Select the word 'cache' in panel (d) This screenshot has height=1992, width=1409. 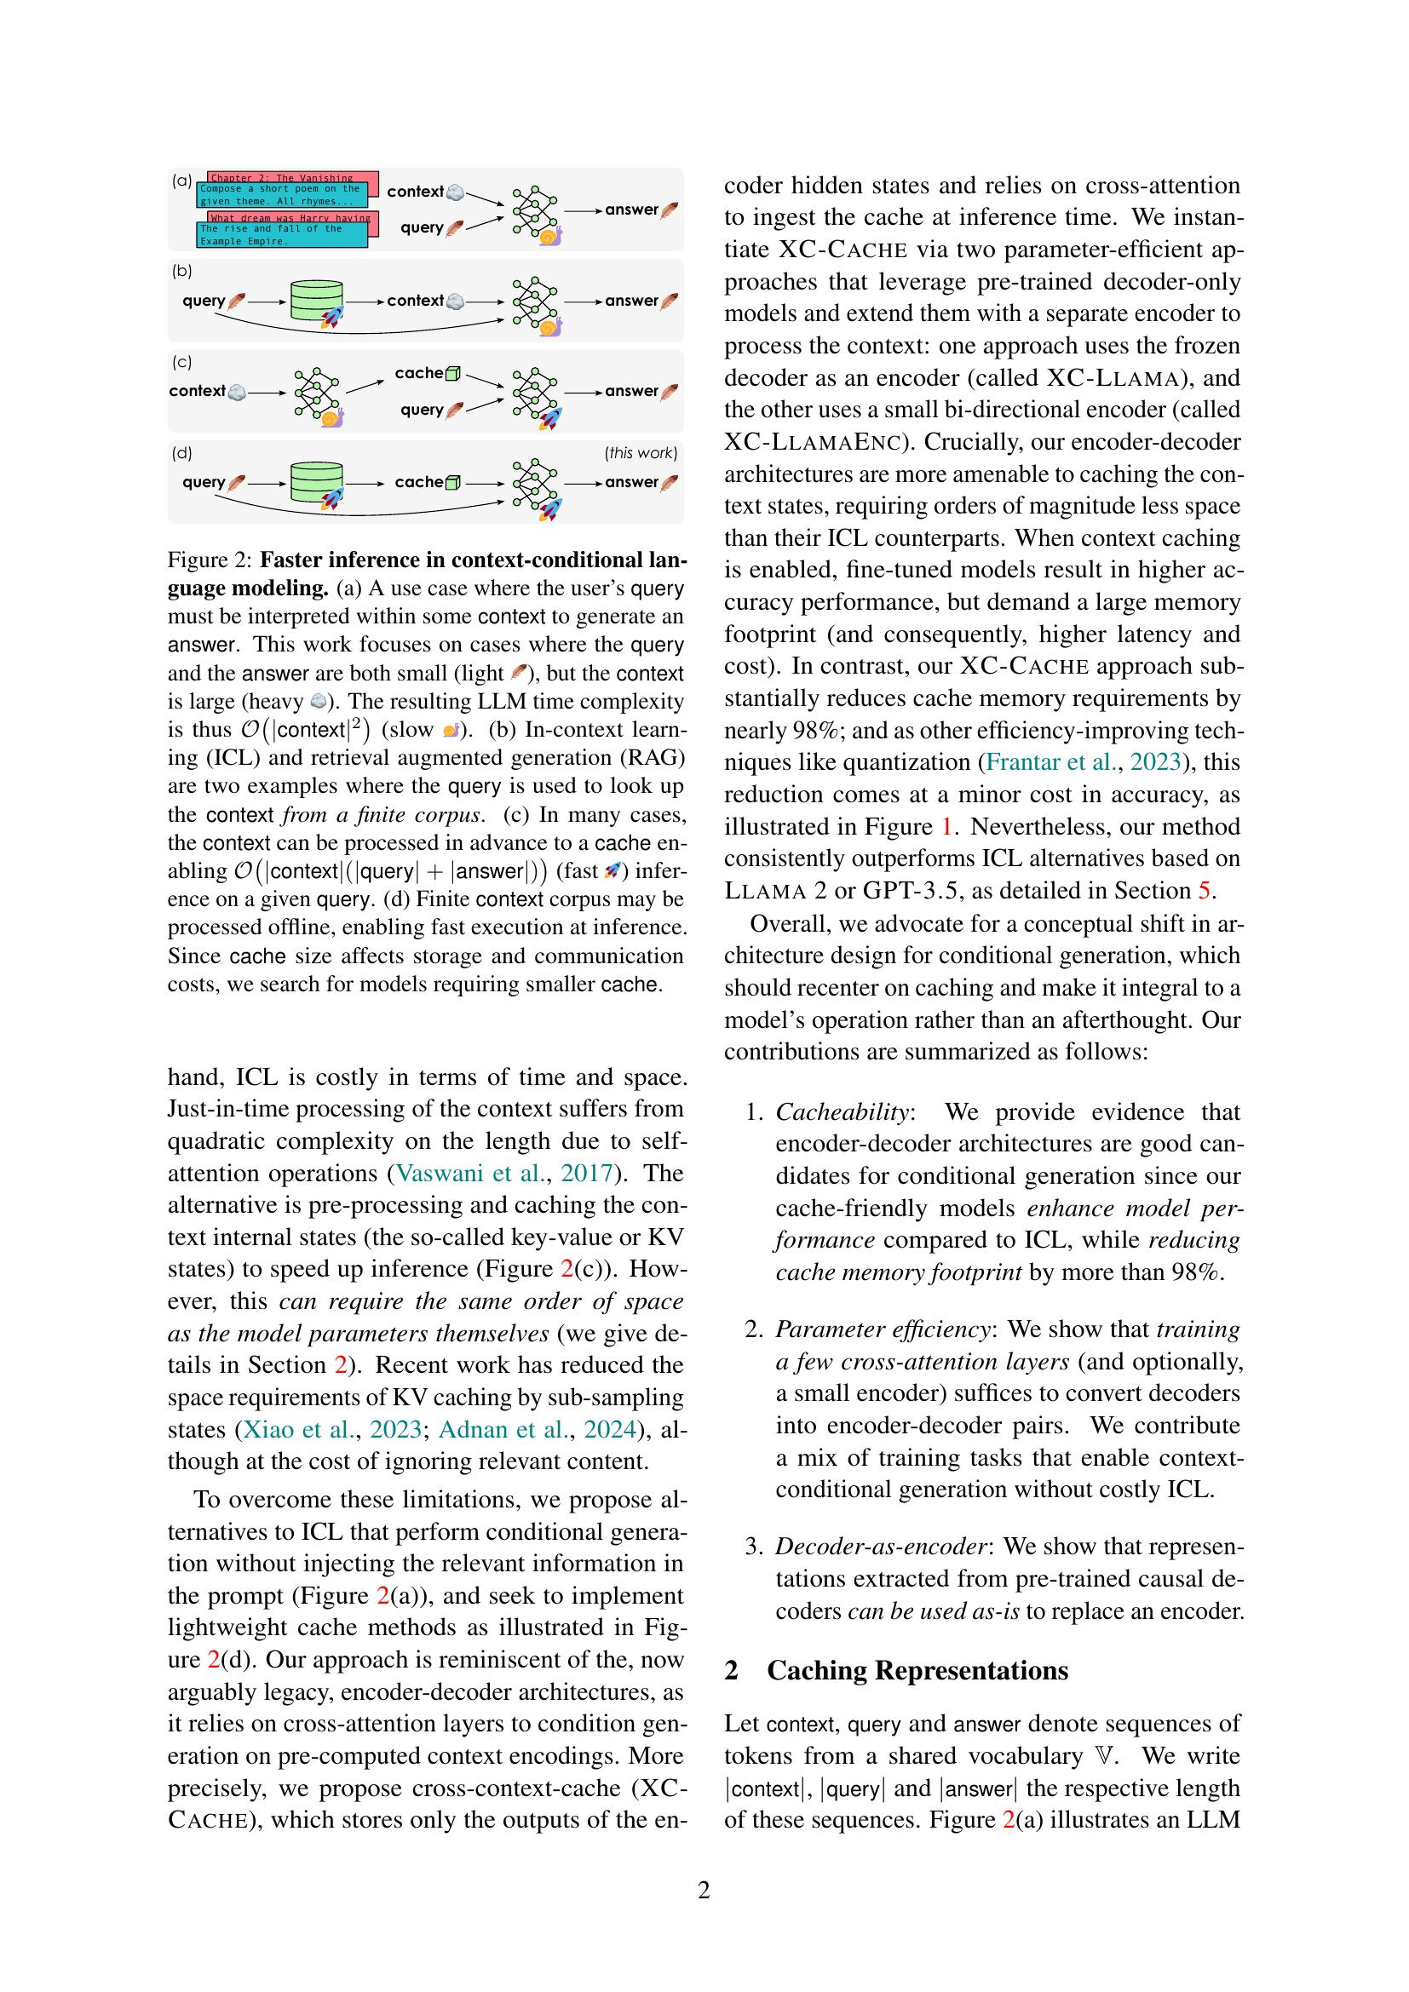418,482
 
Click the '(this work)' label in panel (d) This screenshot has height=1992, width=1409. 641,453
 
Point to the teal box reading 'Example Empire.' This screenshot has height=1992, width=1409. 282,235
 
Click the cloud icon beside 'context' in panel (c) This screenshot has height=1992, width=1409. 236,392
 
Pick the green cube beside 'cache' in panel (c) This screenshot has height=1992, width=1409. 453,374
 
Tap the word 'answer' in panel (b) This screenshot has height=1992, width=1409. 631,301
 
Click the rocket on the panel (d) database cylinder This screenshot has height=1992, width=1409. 331,498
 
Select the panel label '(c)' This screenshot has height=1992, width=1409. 182,362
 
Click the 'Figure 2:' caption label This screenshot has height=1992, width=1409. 209,560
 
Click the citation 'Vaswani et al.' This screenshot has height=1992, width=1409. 471,1173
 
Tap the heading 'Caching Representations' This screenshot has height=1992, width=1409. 917,1670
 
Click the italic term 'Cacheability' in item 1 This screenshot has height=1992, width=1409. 841,1112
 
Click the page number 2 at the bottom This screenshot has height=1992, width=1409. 704,1890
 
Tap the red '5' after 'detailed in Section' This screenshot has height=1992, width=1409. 1205,891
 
